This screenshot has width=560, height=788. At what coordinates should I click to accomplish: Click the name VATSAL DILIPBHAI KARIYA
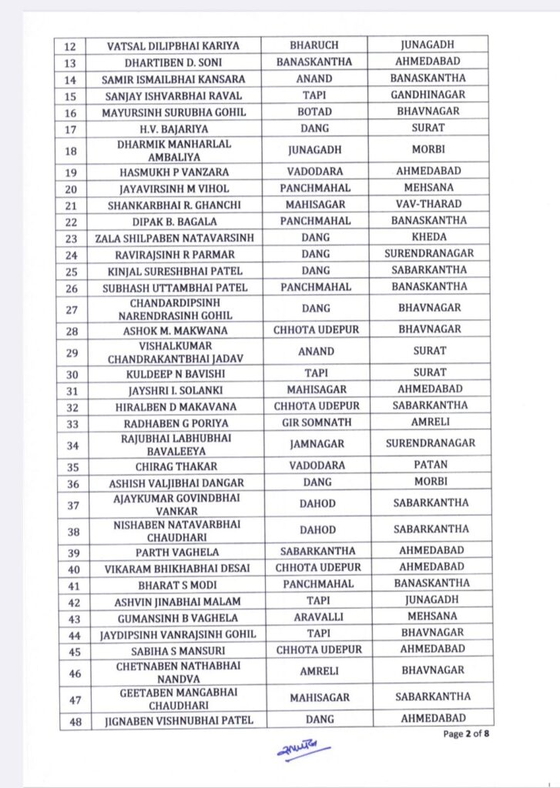coord(173,45)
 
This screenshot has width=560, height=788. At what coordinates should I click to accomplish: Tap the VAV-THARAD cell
coord(428,204)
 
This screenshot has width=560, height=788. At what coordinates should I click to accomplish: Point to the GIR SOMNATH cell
coord(314,422)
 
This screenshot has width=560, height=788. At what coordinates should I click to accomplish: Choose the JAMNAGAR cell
coord(314,444)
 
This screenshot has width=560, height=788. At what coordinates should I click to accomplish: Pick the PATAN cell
coord(428,466)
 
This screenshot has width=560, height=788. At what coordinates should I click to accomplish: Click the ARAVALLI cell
coord(314,617)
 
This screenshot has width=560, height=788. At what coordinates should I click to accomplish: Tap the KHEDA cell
coord(428,237)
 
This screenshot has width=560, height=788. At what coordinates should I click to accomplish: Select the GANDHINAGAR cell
coord(428,95)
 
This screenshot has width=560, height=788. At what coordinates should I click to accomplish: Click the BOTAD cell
coord(314,112)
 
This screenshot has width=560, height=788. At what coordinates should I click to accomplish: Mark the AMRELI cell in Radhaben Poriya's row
coord(428,422)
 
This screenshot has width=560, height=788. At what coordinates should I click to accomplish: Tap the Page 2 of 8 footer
coord(466,733)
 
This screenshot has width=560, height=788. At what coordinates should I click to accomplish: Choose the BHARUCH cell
coord(314,45)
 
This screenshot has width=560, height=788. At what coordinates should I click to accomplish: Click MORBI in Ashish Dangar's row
coord(428,482)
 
